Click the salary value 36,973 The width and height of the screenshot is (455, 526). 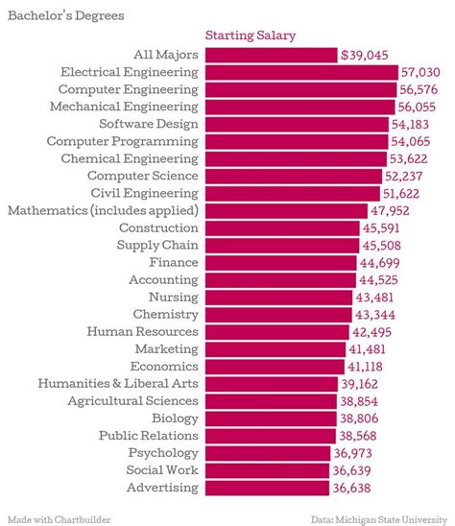(x=362, y=452)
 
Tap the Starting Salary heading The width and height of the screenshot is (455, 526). (x=251, y=36)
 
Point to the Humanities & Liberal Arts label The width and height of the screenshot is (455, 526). (x=118, y=383)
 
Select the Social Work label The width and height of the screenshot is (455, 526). (x=162, y=469)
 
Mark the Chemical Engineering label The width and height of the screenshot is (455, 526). (x=130, y=158)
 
